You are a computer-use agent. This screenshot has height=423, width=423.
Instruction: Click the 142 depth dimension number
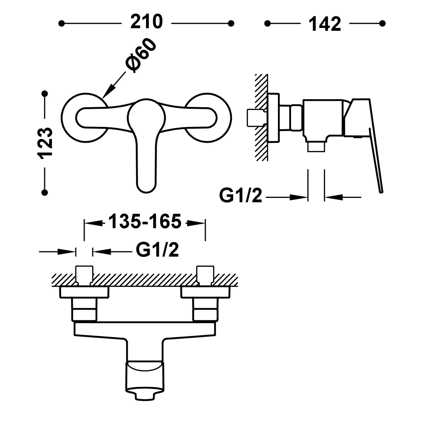[x=325, y=24]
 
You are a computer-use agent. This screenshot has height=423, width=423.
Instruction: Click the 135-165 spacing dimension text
[x=145, y=221]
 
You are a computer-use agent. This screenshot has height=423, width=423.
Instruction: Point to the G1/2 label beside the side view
[x=241, y=196]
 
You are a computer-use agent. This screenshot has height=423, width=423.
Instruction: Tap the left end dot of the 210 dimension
[x=61, y=23]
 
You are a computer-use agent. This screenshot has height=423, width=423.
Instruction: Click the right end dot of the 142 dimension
[x=382, y=23]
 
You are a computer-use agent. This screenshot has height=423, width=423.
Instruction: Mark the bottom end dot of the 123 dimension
[x=45, y=192]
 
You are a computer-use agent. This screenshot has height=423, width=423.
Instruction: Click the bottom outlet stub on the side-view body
[x=316, y=147]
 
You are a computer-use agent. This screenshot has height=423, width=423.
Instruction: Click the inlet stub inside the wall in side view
[x=256, y=118]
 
